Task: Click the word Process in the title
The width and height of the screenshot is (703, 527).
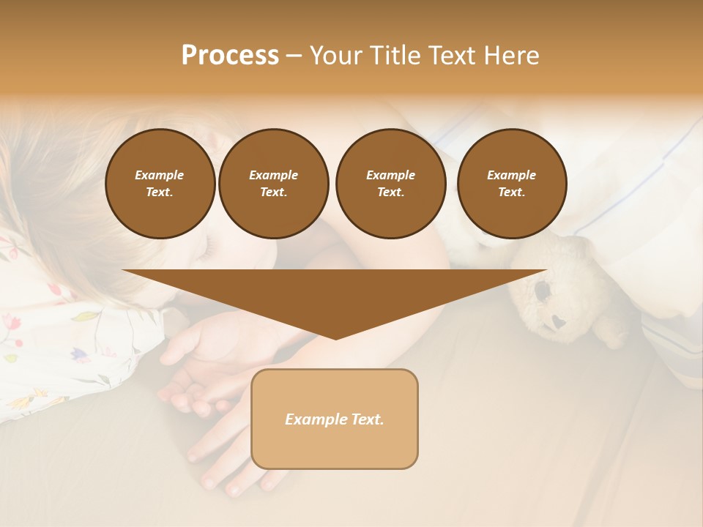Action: click(230, 56)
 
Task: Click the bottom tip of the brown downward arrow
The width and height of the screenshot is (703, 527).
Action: click(335, 337)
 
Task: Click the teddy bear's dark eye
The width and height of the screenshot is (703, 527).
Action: click(543, 291)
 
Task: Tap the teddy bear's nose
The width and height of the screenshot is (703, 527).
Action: click(559, 321)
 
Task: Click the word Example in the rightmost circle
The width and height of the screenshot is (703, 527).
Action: click(512, 175)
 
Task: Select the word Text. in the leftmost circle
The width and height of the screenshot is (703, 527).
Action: click(160, 192)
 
